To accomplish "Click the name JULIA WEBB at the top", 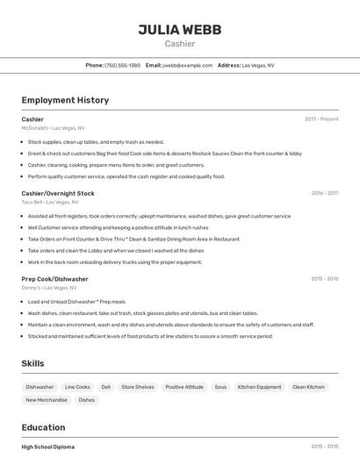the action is (179, 30).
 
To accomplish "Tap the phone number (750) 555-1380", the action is (122, 65).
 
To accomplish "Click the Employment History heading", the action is (65, 100).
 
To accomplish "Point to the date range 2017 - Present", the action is (321, 118).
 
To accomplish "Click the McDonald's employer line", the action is (53, 127).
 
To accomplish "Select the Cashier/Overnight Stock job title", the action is (58, 193).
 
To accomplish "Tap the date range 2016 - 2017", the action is (324, 193).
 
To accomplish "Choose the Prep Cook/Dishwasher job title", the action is (54, 279).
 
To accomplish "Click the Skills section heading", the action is (32, 363).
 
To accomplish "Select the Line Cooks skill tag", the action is (77, 387).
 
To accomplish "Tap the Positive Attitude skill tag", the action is (184, 387).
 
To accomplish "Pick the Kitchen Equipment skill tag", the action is (259, 387).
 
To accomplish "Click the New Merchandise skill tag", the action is (47, 400).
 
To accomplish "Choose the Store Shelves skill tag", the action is (138, 387).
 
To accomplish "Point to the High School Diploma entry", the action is (48, 447).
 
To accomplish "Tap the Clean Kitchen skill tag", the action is (308, 387).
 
